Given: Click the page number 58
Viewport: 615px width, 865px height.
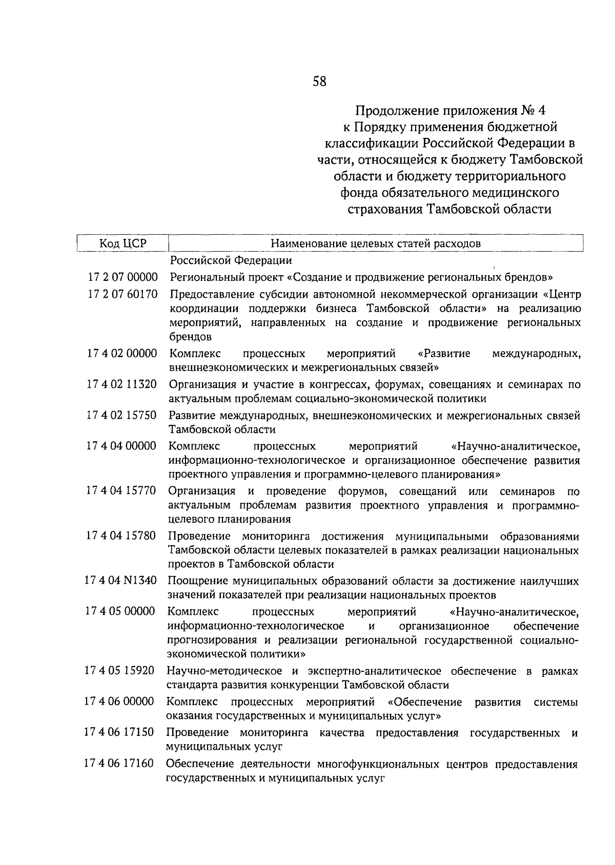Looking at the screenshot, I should click(x=319, y=81).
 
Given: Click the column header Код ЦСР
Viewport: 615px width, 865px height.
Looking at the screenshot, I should click(x=123, y=243).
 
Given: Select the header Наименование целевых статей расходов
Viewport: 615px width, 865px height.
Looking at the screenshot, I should click(x=376, y=243).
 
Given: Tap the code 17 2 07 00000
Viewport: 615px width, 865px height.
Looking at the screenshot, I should click(x=122, y=277).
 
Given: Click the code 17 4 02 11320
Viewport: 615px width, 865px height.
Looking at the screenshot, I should click(x=122, y=384).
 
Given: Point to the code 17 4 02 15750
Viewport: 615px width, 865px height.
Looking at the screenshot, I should click(x=122, y=416).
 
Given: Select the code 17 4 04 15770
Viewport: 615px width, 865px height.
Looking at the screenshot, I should click(x=121, y=491).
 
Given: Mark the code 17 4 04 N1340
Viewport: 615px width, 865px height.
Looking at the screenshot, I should click(x=121, y=581).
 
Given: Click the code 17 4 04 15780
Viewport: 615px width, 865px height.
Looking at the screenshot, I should click(x=121, y=536).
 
